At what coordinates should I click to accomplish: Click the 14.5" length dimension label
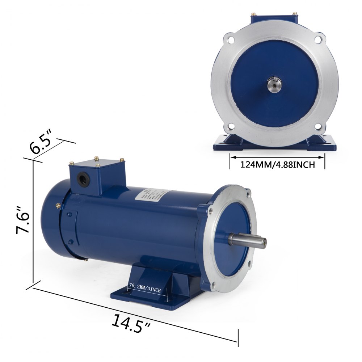(131, 321)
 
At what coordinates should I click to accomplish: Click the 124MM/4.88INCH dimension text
(277, 165)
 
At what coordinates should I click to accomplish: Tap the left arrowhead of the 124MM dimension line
(232, 157)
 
